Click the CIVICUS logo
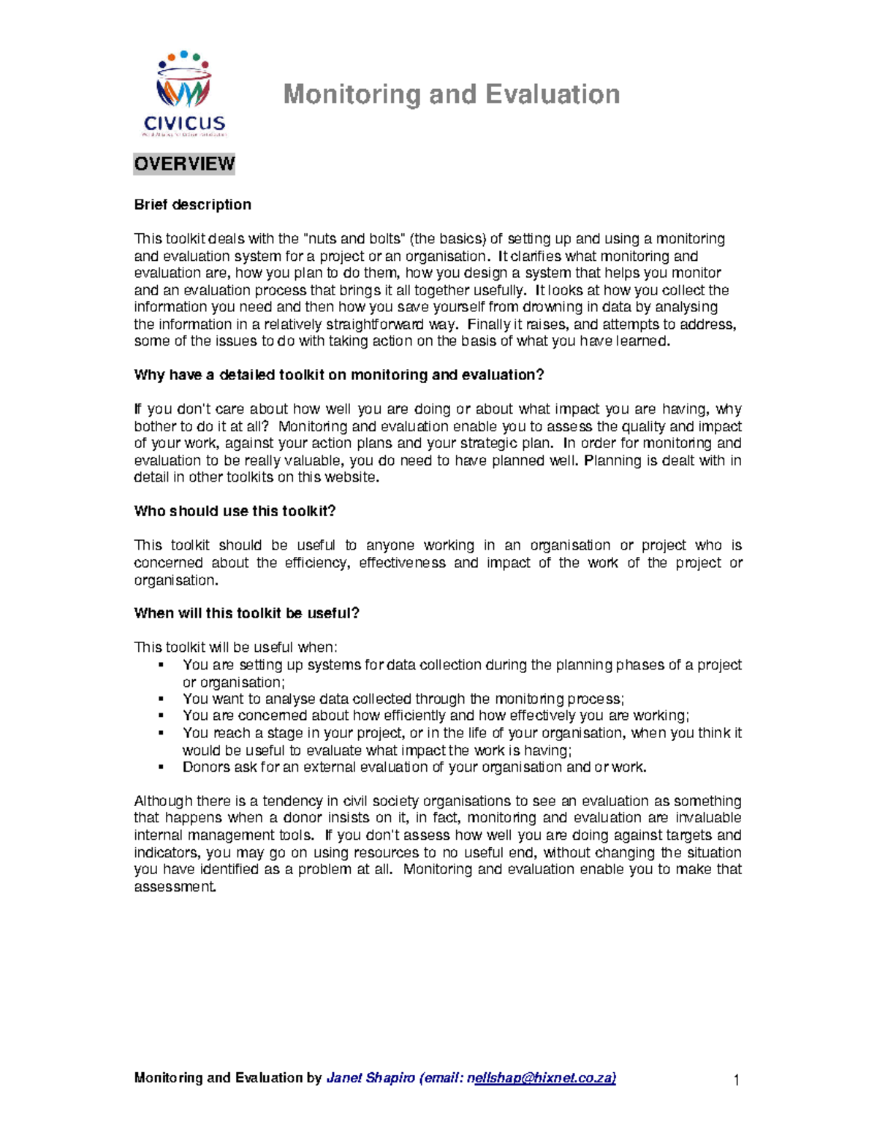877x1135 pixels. [183, 94]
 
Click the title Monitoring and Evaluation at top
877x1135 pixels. [451, 94]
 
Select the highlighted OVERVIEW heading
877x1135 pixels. [184, 164]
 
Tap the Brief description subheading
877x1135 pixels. [192, 205]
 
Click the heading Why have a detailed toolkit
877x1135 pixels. [339, 375]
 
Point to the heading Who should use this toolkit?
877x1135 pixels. [235, 511]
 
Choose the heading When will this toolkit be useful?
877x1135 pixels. [246, 613]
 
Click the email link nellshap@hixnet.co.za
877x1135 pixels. [544, 1078]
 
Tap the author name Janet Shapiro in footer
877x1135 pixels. [371, 1078]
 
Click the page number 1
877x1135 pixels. [737, 1080]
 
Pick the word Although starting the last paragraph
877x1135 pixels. [164, 801]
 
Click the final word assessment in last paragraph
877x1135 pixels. [175, 887]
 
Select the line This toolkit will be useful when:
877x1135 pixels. [235, 648]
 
